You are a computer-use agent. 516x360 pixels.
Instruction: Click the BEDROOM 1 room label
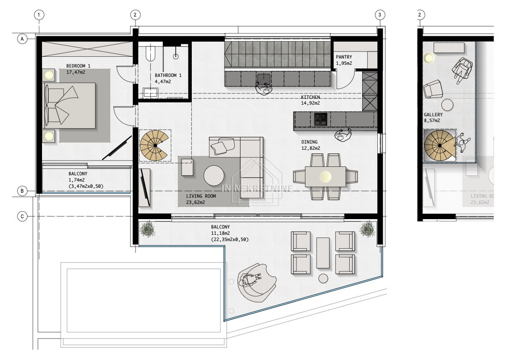click(x=78, y=66)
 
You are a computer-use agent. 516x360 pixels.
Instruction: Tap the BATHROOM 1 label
click(x=168, y=76)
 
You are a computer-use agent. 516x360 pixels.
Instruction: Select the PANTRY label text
click(x=344, y=57)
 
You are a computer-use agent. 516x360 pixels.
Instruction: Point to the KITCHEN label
click(x=310, y=97)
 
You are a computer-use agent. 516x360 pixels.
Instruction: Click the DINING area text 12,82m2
click(x=311, y=148)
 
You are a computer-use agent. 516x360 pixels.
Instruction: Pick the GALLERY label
click(x=433, y=114)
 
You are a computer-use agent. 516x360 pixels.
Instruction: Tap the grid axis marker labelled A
click(x=22, y=39)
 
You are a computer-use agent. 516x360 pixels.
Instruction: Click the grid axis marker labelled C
click(x=22, y=216)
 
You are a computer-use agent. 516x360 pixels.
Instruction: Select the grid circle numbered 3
click(x=380, y=15)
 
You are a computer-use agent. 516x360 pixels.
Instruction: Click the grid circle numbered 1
click(x=39, y=15)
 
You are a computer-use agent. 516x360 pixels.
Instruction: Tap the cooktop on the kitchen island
click(x=321, y=119)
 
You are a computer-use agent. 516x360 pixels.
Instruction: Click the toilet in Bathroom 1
click(x=150, y=53)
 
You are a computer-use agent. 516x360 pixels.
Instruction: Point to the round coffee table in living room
click(x=214, y=175)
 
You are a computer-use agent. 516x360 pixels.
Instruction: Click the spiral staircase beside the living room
click(x=154, y=145)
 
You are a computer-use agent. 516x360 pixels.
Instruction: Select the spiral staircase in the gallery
click(x=439, y=145)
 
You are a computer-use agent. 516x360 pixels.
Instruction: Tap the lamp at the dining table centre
click(x=326, y=176)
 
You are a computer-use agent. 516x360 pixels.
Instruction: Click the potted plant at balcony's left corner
click(x=147, y=228)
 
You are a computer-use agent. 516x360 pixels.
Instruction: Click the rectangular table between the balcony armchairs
click(x=323, y=253)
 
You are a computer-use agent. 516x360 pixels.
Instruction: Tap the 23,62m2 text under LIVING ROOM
click(x=195, y=203)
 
